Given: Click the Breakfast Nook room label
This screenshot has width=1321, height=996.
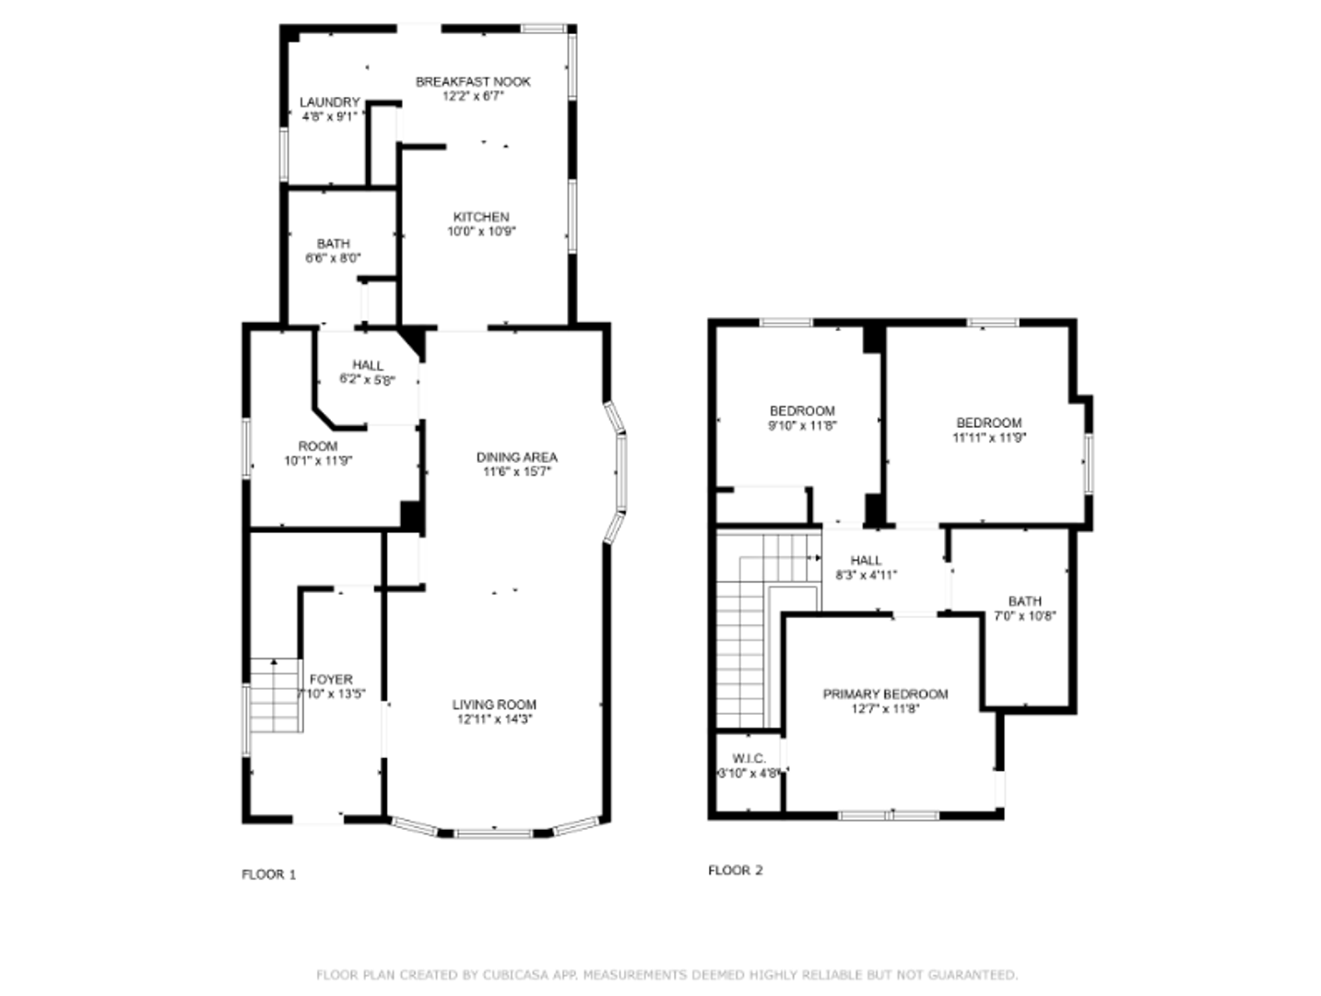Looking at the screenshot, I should pyautogui.click(x=473, y=81).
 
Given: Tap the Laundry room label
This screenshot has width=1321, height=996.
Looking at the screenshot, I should pyautogui.click(x=329, y=102).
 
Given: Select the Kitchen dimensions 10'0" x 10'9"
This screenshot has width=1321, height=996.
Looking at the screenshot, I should pyautogui.click(x=481, y=231).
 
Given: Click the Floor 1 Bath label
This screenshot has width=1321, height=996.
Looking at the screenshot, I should pyautogui.click(x=333, y=243).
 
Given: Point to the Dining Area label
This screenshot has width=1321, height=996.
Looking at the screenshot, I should pyautogui.click(x=516, y=457).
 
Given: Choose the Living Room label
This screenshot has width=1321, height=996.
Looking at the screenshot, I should pyautogui.click(x=494, y=705).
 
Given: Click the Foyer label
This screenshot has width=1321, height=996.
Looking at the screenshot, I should pyautogui.click(x=331, y=680).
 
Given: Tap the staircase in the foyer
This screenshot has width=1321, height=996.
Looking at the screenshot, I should pyautogui.click(x=275, y=696).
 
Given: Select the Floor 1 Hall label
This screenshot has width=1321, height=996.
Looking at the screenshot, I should pyautogui.click(x=367, y=365).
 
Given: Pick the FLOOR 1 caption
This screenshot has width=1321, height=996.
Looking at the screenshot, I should pyautogui.click(x=268, y=874).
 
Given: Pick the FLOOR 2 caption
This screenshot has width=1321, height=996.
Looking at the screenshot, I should pyautogui.click(x=735, y=870).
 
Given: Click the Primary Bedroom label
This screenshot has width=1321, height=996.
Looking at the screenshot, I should pyautogui.click(x=885, y=694).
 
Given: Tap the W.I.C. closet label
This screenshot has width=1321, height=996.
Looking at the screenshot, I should pyautogui.click(x=749, y=759).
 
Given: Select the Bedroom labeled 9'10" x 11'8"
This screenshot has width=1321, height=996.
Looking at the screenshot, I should pyautogui.click(x=802, y=411).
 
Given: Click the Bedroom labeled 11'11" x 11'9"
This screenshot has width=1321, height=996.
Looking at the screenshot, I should pyautogui.click(x=988, y=423).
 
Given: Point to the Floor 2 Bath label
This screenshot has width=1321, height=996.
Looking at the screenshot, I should pyautogui.click(x=1024, y=601).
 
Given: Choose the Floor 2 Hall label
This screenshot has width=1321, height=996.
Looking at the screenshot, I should pyautogui.click(x=866, y=561).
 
